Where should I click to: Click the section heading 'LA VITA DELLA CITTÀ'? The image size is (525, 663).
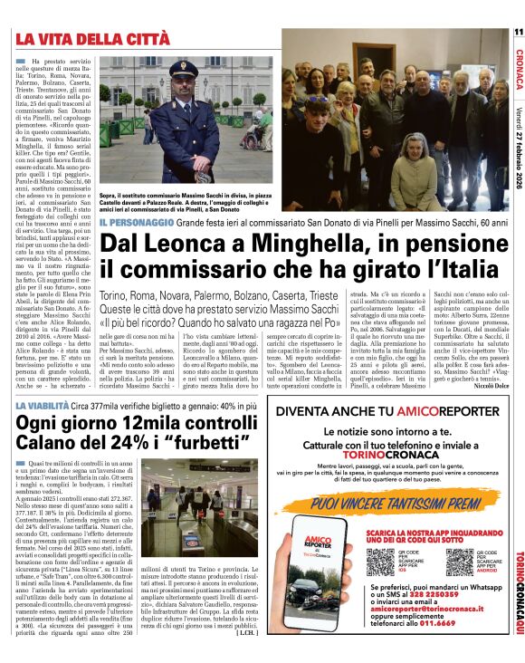tap(92, 39)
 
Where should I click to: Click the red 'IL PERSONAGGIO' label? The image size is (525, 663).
tap(138, 221)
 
